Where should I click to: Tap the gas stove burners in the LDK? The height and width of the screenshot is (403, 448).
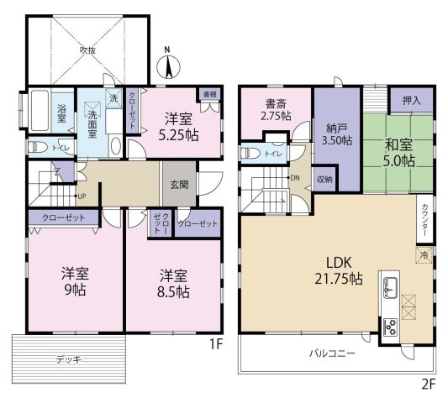(390, 326)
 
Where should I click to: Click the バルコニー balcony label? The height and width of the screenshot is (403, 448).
(330, 353)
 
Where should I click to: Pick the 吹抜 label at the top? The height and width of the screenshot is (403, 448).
(87, 50)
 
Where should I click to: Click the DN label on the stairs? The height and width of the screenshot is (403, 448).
(295, 178)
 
